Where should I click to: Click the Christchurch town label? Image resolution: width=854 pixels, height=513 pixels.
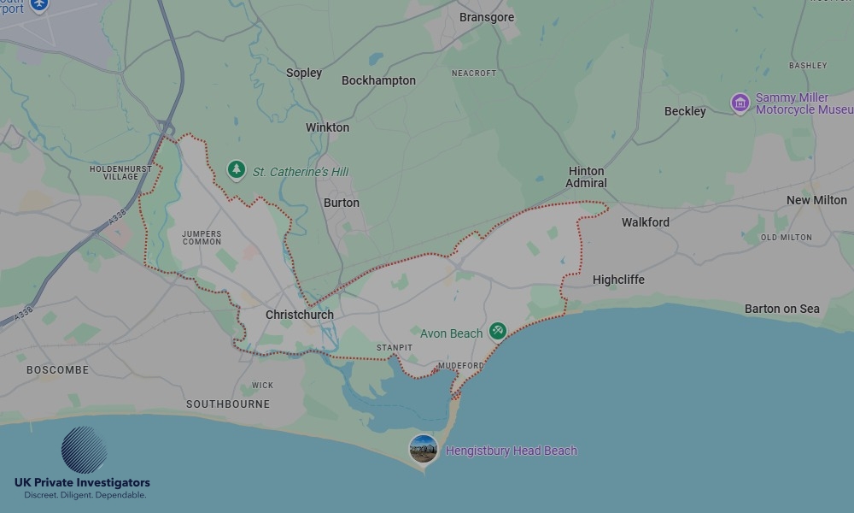click(x=299, y=315)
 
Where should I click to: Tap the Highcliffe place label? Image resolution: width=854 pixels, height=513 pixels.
click(x=618, y=280)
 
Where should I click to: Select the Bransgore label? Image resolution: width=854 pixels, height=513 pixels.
click(x=486, y=17)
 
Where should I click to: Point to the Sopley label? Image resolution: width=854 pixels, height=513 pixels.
click(x=304, y=73)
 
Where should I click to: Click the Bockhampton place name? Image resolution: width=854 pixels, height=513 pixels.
click(x=378, y=80)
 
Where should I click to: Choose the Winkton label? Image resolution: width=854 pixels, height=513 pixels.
click(x=327, y=127)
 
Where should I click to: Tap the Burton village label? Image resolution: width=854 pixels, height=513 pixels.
click(x=341, y=203)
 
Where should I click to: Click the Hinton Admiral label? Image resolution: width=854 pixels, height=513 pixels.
click(x=587, y=177)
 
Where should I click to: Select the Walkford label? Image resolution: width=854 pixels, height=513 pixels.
click(x=645, y=222)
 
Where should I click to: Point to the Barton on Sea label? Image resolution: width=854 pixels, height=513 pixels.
click(x=781, y=309)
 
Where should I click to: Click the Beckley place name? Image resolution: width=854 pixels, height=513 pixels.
click(x=685, y=111)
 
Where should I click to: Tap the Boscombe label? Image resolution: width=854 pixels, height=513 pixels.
click(x=57, y=370)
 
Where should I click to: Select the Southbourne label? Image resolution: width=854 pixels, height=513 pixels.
click(x=228, y=404)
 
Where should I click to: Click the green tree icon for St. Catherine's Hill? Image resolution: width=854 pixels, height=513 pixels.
click(x=237, y=171)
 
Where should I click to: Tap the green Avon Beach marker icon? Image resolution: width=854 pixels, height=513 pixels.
click(x=498, y=332)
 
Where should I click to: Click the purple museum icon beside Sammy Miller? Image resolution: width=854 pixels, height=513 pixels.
click(x=740, y=103)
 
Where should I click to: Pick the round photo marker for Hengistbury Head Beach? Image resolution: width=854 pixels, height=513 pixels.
click(x=424, y=449)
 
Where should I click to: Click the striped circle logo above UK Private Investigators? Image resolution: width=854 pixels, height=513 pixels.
click(x=84, y=451)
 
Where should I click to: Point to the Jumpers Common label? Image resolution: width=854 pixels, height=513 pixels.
click(x=202, y=237)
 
